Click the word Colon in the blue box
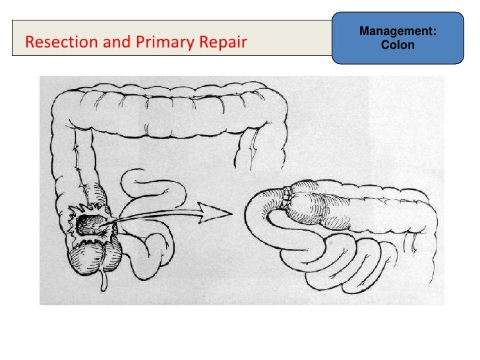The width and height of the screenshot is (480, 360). pyautogui.click(x=398, y=45)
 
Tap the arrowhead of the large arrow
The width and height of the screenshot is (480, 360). pyautogui.click(x=220, y=212)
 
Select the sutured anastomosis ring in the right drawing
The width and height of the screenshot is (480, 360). pyautogui.click(x=287, y=196)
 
